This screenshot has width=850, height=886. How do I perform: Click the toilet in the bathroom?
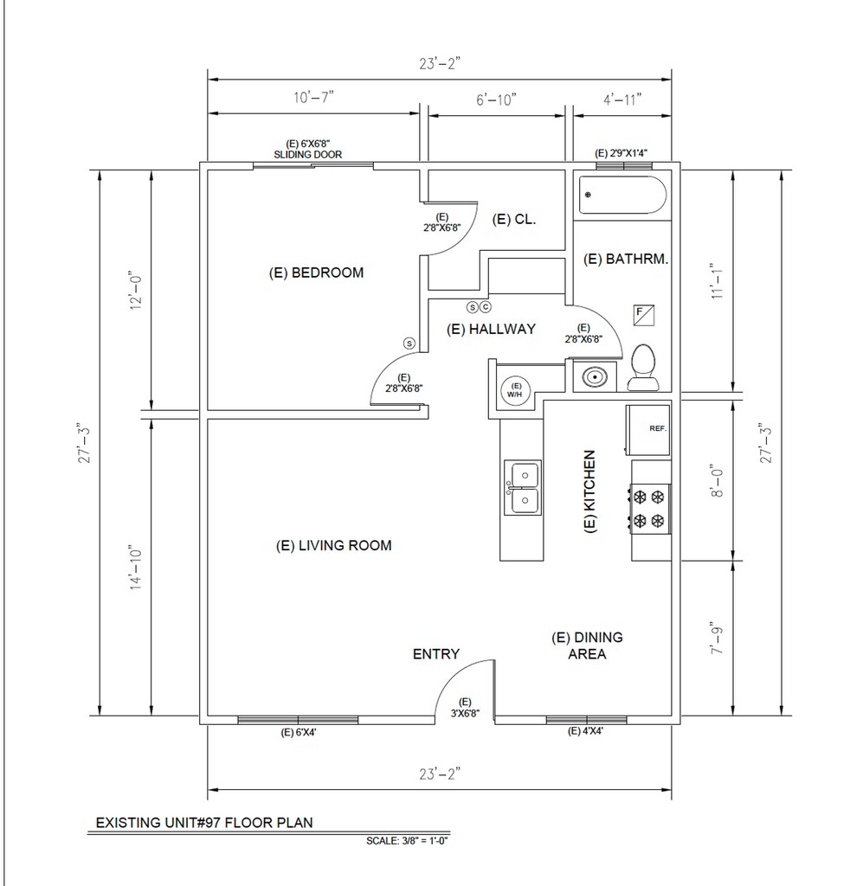click(643, 367)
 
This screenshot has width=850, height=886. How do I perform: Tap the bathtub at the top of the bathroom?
click(622, 195)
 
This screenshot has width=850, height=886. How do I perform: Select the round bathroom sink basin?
click(595, 376)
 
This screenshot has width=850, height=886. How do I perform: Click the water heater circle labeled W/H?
click(515, 390)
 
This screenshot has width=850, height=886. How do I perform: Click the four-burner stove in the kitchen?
click(651, 509)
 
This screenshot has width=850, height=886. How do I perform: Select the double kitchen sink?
click(523, 487)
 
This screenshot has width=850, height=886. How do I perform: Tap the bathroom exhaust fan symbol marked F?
click(644, 315)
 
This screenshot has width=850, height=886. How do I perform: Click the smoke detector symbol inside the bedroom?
click(409, 343)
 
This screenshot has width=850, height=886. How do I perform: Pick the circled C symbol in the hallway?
click(486, 307)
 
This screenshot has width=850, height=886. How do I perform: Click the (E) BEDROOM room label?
click(316, 273)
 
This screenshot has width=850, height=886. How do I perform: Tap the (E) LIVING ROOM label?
click(333, 546)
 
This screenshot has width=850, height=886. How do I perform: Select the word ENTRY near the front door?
click(435, 654)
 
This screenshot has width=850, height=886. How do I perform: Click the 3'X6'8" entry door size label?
click(465, 714)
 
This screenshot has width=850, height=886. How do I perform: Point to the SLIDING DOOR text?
click(308, 154)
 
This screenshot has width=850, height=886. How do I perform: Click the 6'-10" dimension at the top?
click(496, 100)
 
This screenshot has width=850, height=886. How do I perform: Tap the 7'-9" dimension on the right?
click(717, 640)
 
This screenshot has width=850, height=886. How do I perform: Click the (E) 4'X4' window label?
click(585, 731)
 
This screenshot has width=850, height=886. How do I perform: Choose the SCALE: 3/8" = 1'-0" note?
click(407, 841)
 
